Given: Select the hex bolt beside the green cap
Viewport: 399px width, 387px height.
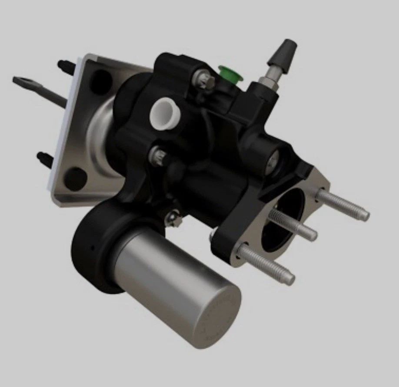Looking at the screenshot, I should click(x=204, y=81).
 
